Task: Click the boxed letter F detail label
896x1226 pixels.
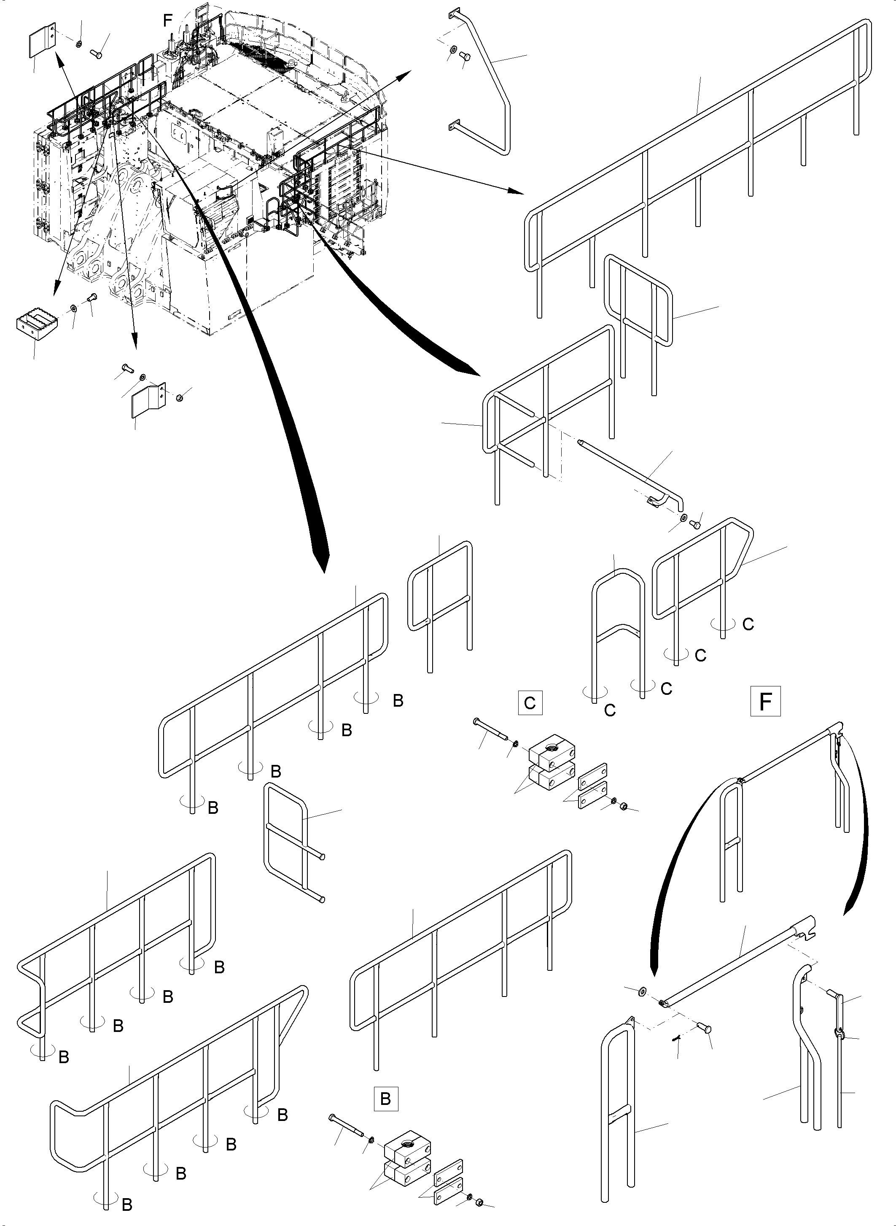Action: [765, 702]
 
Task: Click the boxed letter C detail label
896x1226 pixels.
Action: [530, 703]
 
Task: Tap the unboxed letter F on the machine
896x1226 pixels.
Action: [167, 21]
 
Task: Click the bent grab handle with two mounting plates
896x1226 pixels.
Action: [488, 81]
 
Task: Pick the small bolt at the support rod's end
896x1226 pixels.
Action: [696, 524]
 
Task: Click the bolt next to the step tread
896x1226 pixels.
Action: [91, 297]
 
